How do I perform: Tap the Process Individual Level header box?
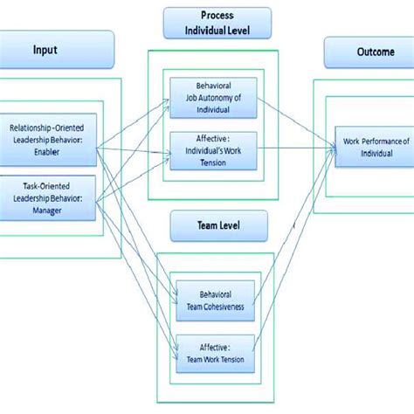point(217,24)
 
